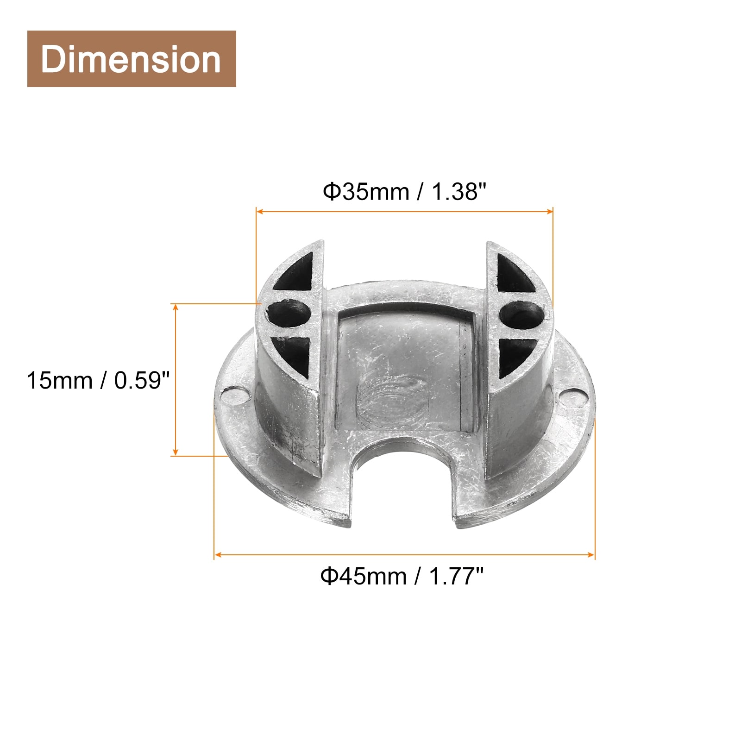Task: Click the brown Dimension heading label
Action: pos(132,59)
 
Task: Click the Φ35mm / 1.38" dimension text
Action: pos(405,191)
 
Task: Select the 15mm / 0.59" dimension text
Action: pos(99,381)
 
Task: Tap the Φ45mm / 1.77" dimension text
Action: pos(402,576)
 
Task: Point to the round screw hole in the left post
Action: pos(288,314)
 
